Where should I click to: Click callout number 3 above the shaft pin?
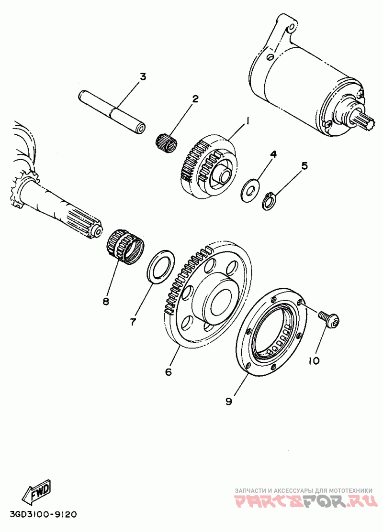pyautogui.click(x=143, y=76)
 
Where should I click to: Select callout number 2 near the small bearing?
pyautogui.click(x=195, y=99)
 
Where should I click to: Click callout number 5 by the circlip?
pyautogui.click(x=304, y=166)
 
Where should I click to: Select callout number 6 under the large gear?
pyautogui.click(x=168, y=371)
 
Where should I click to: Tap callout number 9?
pyautogui.click(x=228, y=401)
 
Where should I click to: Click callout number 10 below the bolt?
pyautogui.click(x=314, y=360)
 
